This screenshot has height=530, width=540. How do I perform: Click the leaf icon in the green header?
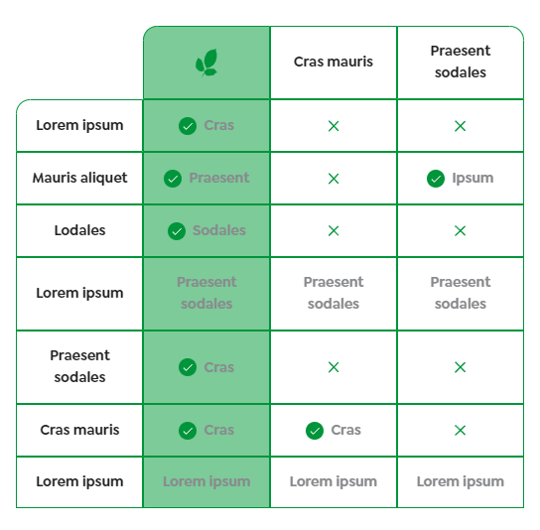206,63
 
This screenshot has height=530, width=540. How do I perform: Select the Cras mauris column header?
334,62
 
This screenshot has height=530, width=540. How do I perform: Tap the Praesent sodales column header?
461,62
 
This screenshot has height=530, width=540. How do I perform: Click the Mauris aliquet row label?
79,178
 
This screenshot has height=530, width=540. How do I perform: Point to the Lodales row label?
79,230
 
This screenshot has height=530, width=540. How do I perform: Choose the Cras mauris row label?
79,430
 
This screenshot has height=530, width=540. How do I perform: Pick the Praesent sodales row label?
79,366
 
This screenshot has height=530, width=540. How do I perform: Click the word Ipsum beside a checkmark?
472,178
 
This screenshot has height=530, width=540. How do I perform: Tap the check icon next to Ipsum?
435,179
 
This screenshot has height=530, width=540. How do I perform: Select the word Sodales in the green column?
219,230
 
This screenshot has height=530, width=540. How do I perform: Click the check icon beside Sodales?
177,231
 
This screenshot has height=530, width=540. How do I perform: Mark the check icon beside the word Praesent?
173,179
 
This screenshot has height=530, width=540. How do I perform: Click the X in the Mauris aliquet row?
334,179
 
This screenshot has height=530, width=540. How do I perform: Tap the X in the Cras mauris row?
461,431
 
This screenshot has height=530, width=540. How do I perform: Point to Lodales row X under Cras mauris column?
334,231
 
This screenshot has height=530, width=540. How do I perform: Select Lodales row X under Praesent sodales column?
461,231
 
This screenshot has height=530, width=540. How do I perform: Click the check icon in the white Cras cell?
315,431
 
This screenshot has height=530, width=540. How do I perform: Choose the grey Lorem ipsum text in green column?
206,481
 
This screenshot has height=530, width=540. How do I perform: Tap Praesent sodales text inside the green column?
206,293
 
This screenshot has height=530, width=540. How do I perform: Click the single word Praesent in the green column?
219,178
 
